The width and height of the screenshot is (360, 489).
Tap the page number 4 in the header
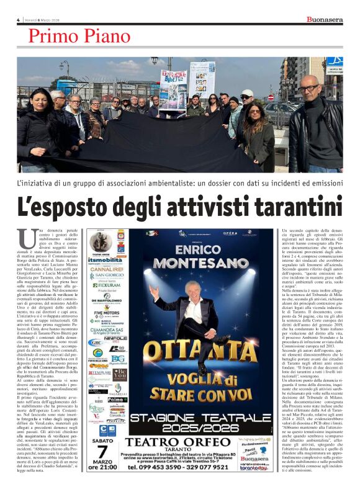(x=18, y=20)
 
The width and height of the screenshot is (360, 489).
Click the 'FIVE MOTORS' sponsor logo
(x=107, y=313)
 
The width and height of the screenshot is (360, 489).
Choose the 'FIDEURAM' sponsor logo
(x=107, y=285)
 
